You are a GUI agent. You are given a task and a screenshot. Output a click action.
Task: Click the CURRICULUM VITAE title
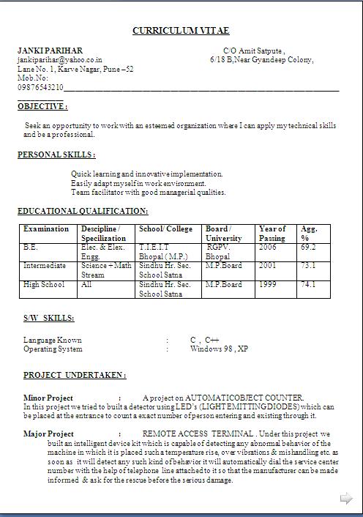pos(181,30)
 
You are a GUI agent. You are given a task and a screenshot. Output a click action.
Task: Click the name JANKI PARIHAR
pos(50,50)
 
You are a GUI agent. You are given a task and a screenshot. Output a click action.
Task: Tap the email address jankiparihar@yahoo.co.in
pos(60,59)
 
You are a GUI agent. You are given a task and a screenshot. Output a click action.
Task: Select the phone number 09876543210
pos(40,87)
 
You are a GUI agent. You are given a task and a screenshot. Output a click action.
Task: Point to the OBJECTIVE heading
pos(42,106)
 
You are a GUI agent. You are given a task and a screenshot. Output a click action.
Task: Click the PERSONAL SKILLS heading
pos(56,155)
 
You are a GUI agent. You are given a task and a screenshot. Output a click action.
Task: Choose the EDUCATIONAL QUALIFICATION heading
pos(83,211)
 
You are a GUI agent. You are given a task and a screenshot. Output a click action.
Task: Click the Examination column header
pos(46,229)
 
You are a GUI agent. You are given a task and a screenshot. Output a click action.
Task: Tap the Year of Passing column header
pos(272,234)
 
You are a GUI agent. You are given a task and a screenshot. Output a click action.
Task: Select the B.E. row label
pos(31,248)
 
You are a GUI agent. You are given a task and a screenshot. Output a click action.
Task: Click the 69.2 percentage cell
pos(308,248)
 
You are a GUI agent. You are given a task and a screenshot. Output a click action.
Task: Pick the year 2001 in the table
pos(268,266)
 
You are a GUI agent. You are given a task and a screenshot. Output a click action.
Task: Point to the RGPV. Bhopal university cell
pos(218,253)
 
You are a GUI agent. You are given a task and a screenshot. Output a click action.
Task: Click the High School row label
pos(44,284)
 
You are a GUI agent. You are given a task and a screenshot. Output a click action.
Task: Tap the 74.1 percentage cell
pos(308,284)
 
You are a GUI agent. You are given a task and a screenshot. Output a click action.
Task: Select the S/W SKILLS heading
pos(48,319)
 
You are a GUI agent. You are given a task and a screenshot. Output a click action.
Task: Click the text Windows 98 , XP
pos(219,349)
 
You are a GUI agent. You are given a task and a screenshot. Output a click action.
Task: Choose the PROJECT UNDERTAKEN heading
pos(74,375)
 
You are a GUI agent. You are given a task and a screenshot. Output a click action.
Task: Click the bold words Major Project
pos(48,434)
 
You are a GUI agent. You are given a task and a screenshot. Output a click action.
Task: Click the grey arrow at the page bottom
pos(346,499)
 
